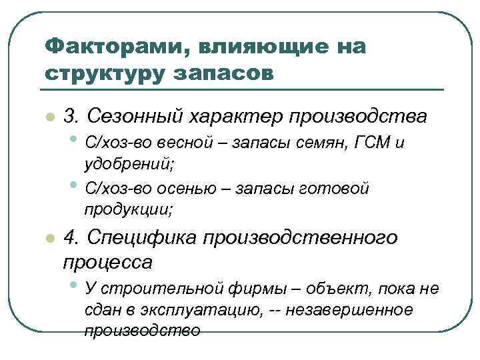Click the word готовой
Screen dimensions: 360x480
337,189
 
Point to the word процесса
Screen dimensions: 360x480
107,262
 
